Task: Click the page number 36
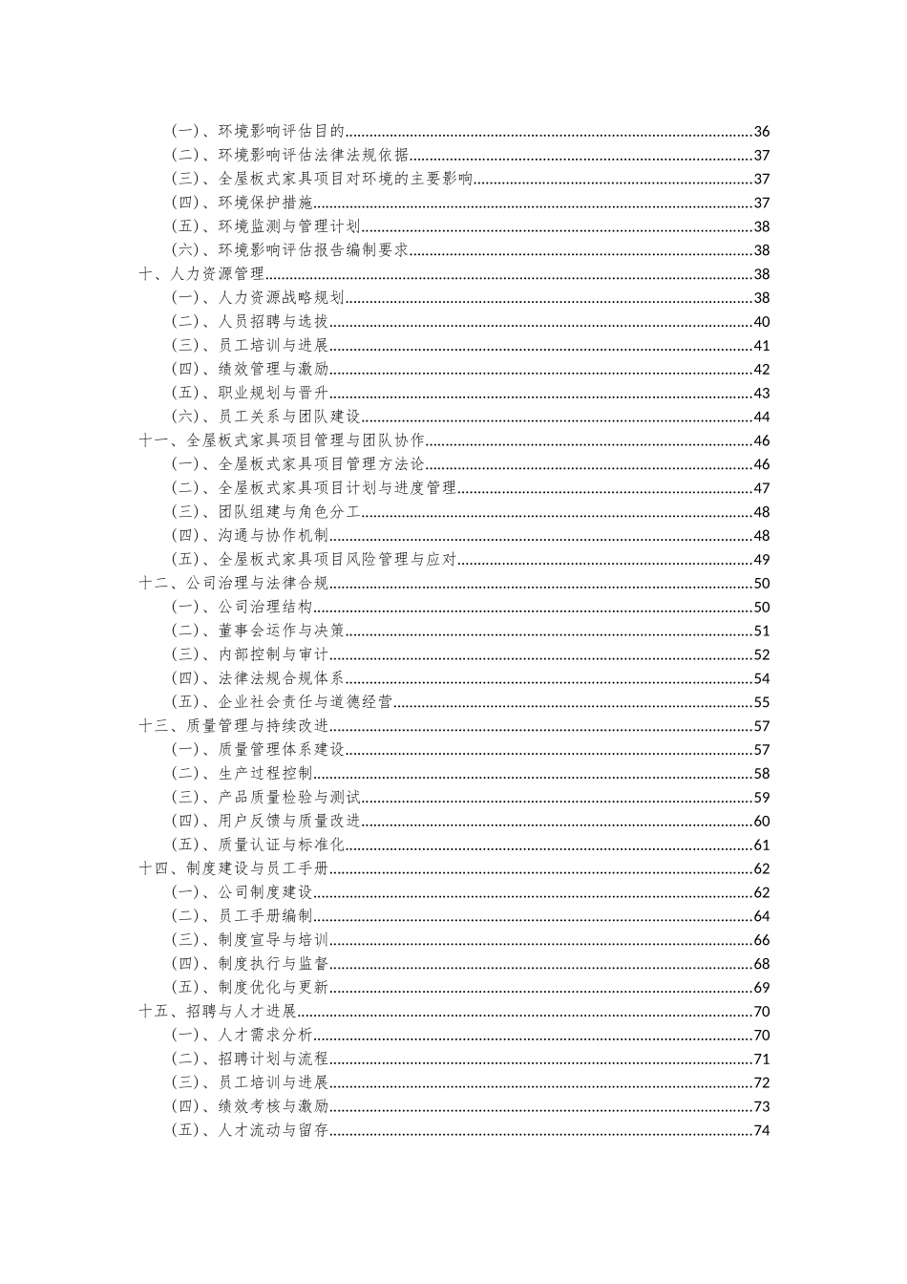(761, 132)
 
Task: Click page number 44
(761, 417)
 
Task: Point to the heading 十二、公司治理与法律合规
(233, 584)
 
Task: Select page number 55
(761, 702)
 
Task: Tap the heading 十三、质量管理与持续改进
(233, 726)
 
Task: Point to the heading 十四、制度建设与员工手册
(233, 868)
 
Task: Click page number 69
(761, 988)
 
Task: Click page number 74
(761, 1130)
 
